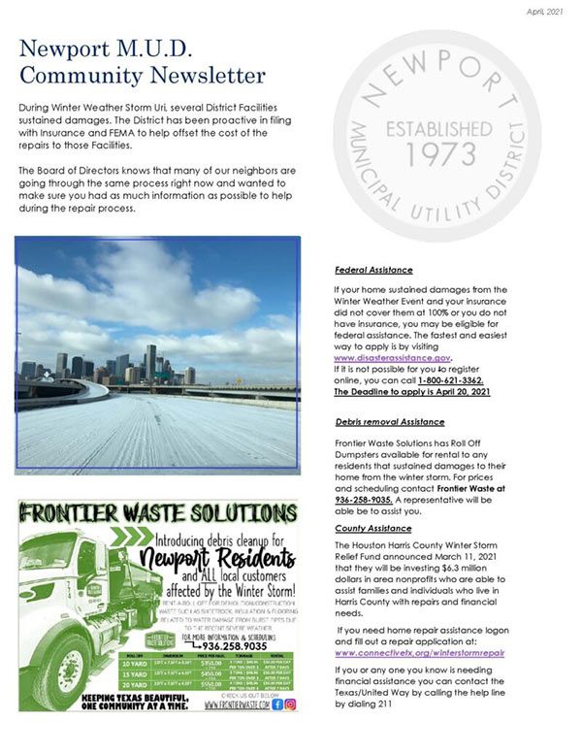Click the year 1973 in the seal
click(x=434, y=153)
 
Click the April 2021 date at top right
click(x=544, y=12)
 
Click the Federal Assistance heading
click(x=373, y=270)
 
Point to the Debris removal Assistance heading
click(x=389, y=422)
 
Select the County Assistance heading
click(x=372, y=529)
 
